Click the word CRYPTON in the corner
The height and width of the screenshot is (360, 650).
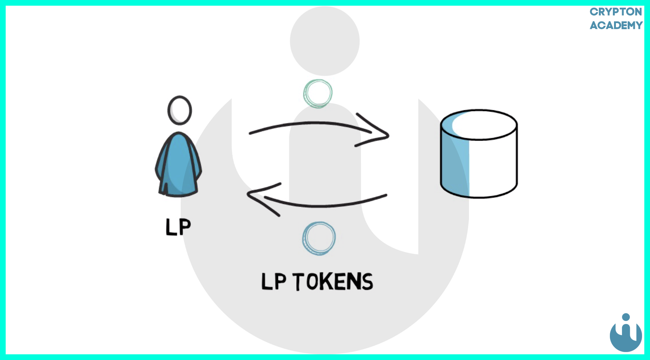click(x=616, y=12)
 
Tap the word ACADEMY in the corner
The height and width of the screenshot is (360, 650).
click(x=616, y=25)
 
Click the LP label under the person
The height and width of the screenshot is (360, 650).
click(x=178, y=227)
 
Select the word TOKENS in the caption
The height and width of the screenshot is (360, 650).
click(x=333, y=282)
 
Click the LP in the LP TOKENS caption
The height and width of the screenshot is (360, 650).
click(x=273, y=282)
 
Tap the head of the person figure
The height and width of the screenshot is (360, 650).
click(x=180, y=110)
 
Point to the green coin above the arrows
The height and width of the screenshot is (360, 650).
click(x=318, y=93)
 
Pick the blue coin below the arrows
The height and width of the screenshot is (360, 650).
click(x=319, y=238)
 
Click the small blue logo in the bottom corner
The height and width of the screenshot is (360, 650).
click(x=626, y=335)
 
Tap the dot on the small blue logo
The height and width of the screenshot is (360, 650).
click(x=626, y=317)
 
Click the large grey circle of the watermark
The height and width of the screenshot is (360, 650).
click(x=325, y=41)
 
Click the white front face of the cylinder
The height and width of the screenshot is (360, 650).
click(x=492, y=167)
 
